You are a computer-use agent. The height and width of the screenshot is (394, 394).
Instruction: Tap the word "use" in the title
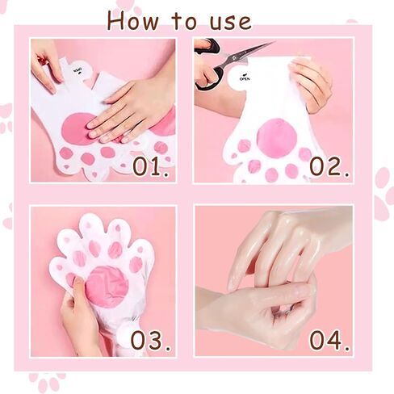(x=231, y=23)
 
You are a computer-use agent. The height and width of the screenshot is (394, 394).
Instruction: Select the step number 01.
(x=151, y=167)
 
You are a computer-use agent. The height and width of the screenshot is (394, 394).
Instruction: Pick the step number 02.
(x=329, y=167)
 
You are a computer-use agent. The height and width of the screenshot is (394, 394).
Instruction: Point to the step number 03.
(x=151, y=341)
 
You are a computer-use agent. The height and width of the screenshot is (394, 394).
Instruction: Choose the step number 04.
(x=329, y=341)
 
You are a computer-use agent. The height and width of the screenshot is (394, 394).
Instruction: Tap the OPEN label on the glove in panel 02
(x=245, y=78)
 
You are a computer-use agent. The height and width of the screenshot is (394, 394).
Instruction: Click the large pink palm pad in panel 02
(x=276, y=138)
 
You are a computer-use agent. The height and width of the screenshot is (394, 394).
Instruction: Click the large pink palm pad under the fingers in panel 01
(x=76, y=129)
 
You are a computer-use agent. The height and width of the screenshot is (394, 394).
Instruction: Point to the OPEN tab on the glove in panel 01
(x=79, y=70)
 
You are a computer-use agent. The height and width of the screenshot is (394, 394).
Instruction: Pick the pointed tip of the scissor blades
(x=274, y=42)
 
